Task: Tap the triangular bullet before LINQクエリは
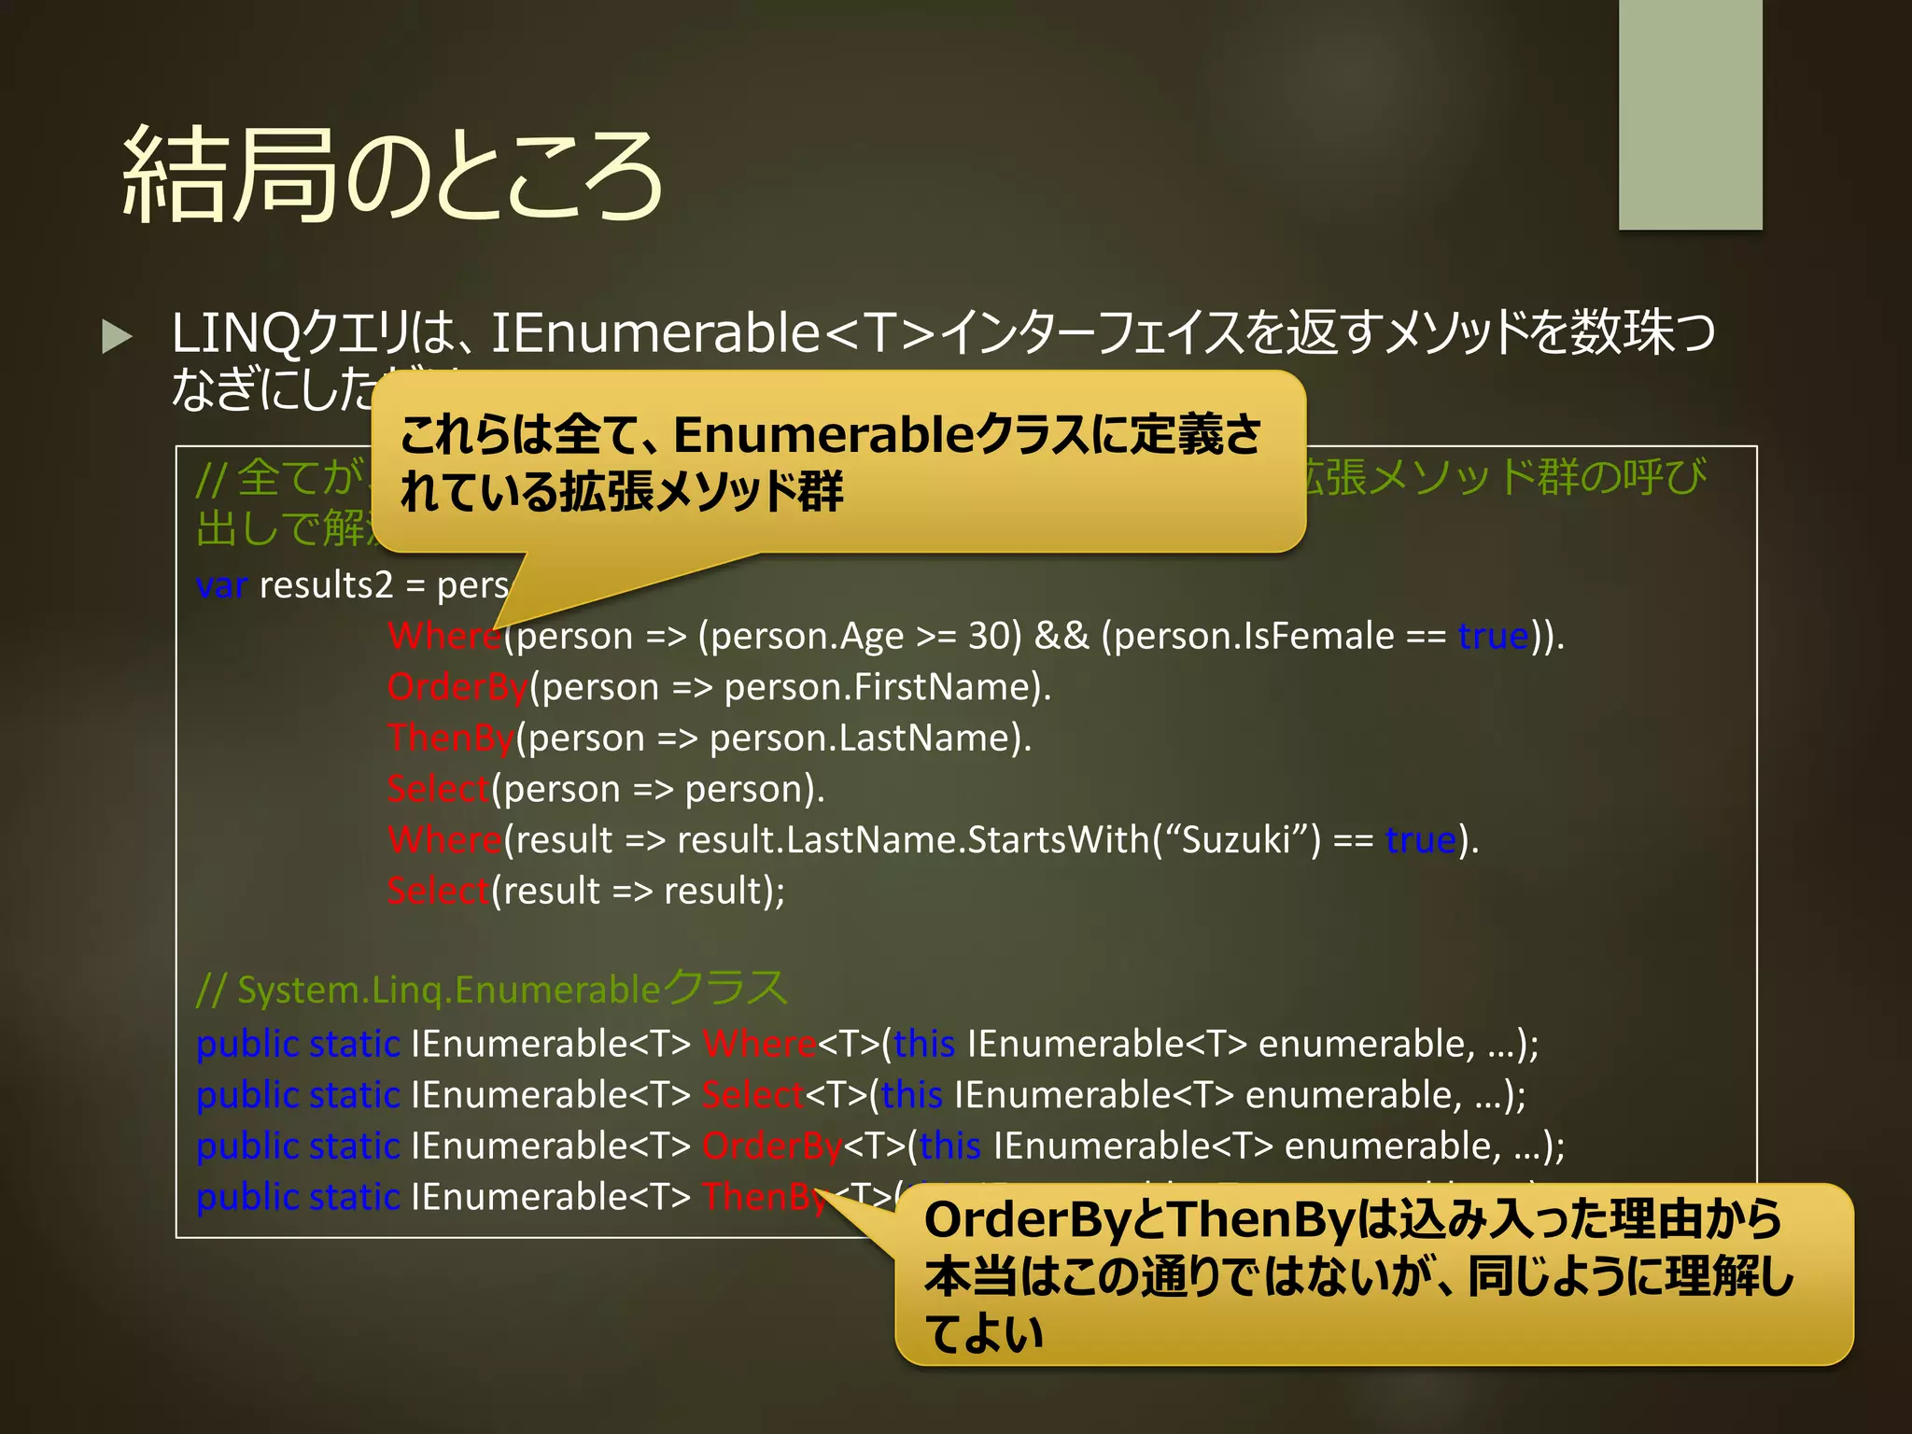(117, 336)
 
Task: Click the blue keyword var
(221, 586)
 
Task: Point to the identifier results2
(326, 586)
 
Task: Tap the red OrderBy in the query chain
(457, 688)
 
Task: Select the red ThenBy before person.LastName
(451, 738)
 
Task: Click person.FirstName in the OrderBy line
(877, 688)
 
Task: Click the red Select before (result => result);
(438, 892)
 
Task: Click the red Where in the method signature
(759, 1045)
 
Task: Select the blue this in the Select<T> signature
(911, 1095)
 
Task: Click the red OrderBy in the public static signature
(772, 1146)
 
